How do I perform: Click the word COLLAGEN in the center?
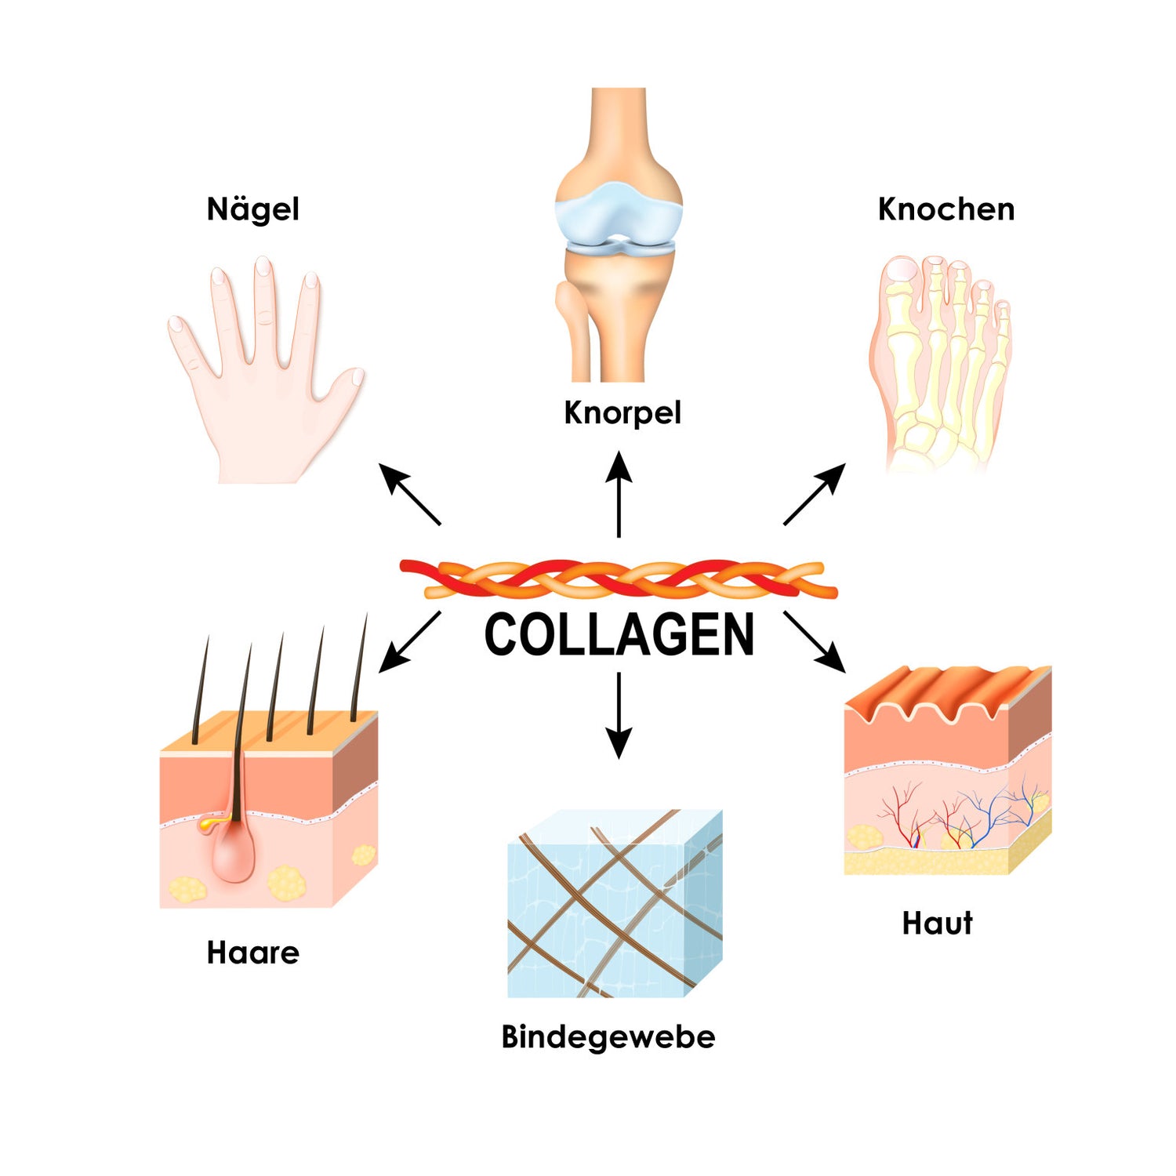point(619,635)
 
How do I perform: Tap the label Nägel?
point(252,209)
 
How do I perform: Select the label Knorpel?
point(622,412)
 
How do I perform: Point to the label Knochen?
point(946,209)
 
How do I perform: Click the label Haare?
point(252,953)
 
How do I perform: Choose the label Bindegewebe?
point(608,1036)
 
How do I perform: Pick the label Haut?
point(937,923)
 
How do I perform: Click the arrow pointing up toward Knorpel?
point(619,494)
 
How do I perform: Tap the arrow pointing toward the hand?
point(409,494)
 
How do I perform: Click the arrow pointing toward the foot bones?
point(815,493)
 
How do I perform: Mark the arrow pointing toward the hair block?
point(409,642)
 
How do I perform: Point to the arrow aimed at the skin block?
point(815,642)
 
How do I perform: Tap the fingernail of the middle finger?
point(263,267)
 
